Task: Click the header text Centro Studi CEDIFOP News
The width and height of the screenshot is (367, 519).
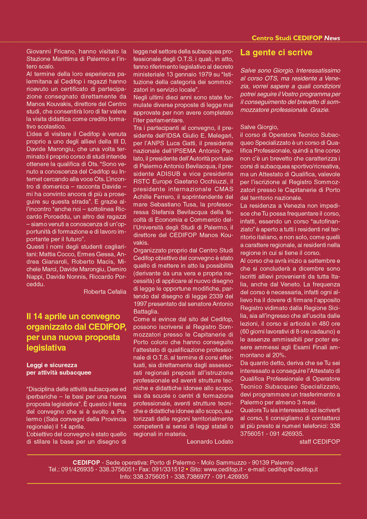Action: [x=296, y=38]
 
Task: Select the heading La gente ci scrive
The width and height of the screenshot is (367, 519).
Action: [x=276, y=53]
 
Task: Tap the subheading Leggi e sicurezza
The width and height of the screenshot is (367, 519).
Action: [x=52, y=365]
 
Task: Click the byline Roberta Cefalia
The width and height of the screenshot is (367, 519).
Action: [x=105, y=292]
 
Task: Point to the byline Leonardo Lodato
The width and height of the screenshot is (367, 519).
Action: [x=210, y=442]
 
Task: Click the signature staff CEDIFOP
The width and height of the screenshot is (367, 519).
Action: [x=320, y=442]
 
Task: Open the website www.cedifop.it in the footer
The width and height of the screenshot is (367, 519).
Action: [x=223, y=469]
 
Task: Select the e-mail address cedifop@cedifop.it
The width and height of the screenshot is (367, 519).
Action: [x=293, y=469]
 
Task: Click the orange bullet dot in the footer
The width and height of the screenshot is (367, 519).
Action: [x=187, y=469]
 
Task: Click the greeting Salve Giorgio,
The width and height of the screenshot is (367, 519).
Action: [x=259, y=127]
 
